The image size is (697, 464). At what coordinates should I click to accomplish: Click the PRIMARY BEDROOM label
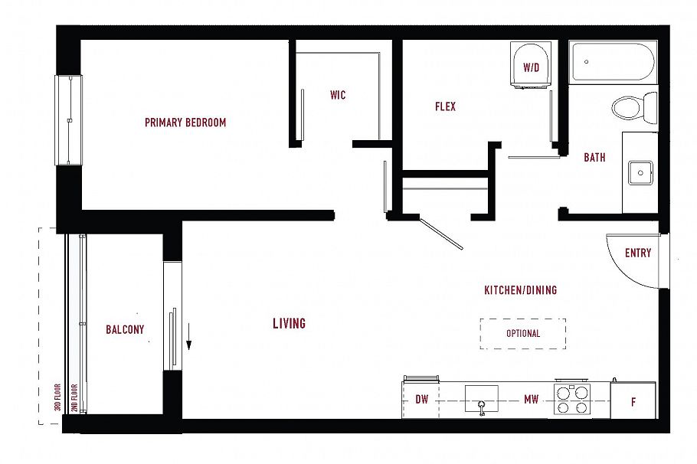[185, 123]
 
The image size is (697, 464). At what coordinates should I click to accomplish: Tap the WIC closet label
[338, 96]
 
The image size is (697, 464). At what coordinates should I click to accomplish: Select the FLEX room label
[445, 107]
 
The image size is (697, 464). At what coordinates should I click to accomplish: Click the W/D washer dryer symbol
[531, 67]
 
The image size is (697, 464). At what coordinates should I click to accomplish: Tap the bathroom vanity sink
[640, 172]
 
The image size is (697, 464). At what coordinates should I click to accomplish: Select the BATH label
[594, 158]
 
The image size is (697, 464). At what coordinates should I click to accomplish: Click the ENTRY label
[637, 253]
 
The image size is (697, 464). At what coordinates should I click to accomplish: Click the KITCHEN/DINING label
[520, 291]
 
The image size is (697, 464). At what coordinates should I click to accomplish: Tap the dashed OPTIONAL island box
[523, 334]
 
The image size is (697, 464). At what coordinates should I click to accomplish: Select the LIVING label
[289, 324]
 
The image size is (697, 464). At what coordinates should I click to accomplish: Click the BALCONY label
[125, 330]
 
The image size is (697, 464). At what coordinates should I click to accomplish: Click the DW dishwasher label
[421, 400]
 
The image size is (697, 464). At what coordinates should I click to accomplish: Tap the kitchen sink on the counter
[481, 399]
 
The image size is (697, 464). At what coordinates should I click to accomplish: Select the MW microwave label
[531, 400]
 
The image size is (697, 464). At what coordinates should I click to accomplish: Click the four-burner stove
[573, 400]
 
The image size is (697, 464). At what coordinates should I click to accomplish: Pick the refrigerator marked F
[633, 401]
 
